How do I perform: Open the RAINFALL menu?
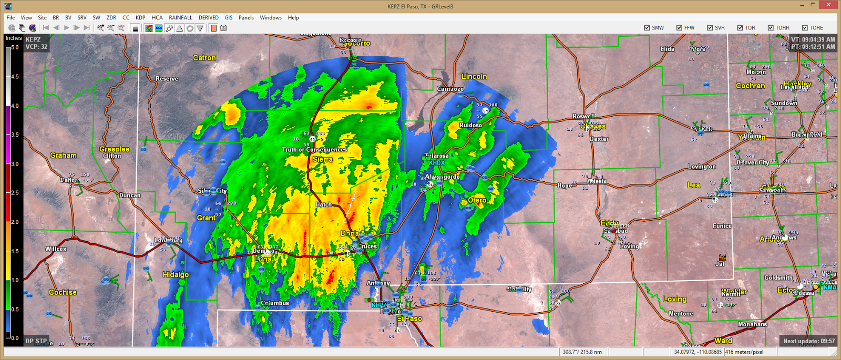point(180,17)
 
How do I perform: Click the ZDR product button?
point(111,17)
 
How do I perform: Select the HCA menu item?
point(157,17)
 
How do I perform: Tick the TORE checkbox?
point(805,28)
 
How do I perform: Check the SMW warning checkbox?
point(647,28)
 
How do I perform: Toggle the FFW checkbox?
point(679,28)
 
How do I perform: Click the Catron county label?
point(204,58)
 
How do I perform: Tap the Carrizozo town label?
point(450,89)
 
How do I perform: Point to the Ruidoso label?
point(470,125)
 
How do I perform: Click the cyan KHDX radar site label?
point(436,163)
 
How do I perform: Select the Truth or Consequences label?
point(314,150)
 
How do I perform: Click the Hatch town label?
point(323,204)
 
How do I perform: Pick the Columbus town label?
point(275,303)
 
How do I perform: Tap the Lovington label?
point(702,167)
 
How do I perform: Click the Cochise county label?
point(63,292)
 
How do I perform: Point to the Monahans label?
point(752,324)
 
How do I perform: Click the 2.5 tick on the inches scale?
point(15,193)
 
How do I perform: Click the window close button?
point(829,5)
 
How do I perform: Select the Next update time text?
point(808,341)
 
